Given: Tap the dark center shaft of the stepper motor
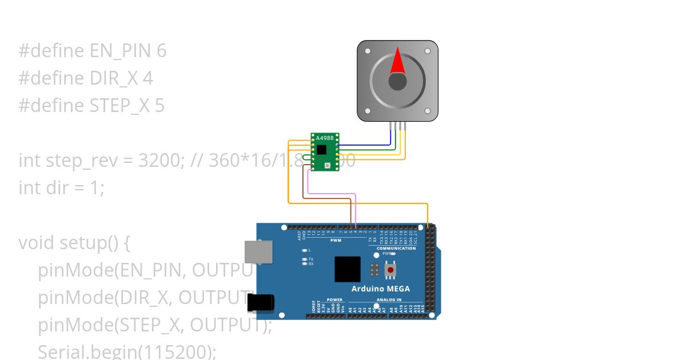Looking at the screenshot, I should tap(398, 82).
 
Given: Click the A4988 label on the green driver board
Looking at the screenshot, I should tap(325, 138).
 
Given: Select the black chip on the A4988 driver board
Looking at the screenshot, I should tap(322, 150).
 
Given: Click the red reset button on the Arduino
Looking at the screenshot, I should tap(391, 269).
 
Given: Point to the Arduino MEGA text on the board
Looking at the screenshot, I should tap(380, 289).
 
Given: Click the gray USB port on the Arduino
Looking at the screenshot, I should tap(258, 252).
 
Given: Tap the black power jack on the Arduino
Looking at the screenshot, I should tap(260, 303).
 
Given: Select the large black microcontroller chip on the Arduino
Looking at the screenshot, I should tap(348, 269).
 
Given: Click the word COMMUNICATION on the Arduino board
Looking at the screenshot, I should tap(396, 249).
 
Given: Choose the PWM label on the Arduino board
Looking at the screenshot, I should tap(336, 241).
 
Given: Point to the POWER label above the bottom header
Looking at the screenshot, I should tap(334, 299).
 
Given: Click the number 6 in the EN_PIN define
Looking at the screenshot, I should tap(161, 51).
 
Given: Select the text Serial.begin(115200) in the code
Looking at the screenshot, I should tap(127, 351).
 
